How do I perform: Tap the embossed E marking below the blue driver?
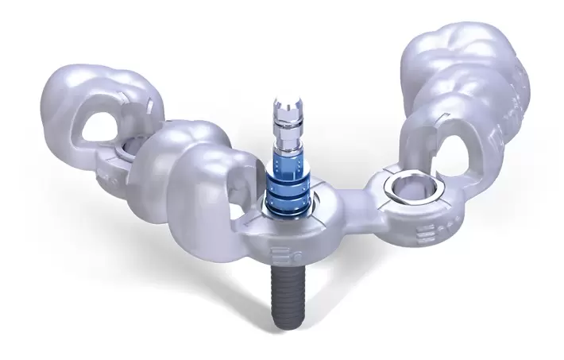point(280,256)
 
